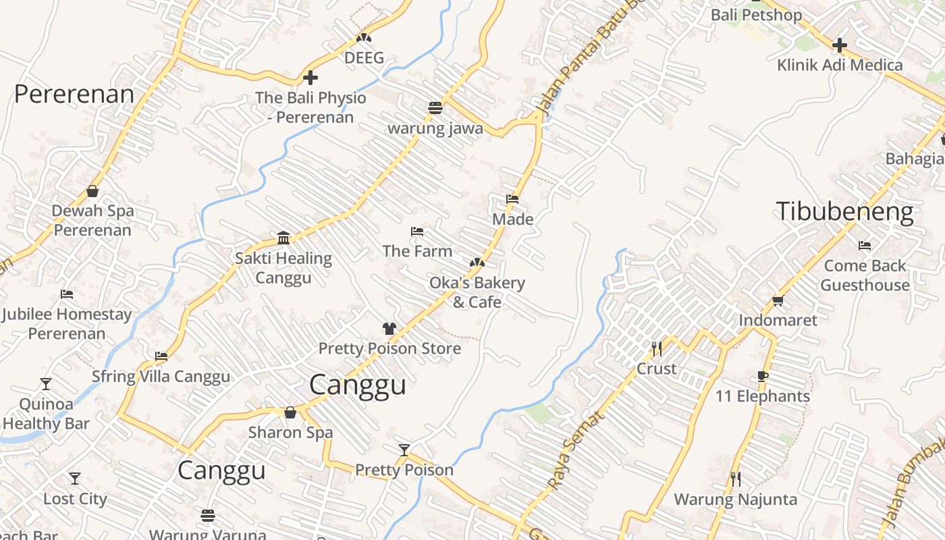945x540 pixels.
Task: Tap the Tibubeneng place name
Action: tap(844, 211)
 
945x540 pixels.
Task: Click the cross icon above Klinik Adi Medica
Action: tap(839, 45)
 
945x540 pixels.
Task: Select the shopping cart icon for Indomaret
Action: tap(778, 300)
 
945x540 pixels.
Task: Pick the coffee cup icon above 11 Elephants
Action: tap(762, 376)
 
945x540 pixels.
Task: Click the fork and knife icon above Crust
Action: tap(656, 348)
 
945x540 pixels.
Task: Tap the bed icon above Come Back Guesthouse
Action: tap(865, 245)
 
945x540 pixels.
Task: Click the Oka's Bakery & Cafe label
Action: tap(477, 292)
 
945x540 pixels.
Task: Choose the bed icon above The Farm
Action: tap(417, 232)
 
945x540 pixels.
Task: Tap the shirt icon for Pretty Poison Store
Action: tap(389, 329)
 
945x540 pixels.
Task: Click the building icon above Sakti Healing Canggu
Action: tap(283, 238)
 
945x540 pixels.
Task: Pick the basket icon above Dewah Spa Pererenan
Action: tap(92, 191)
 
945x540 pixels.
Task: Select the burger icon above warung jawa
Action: tap(435, 108)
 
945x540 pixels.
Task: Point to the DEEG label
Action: tap(364, 58)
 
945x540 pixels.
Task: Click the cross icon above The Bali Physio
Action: tap(310, 78)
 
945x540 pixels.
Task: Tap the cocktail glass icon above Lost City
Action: tap(75, 479)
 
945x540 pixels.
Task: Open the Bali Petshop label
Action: tap(756, 15)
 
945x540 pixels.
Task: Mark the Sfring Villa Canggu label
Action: tap(161, 376)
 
